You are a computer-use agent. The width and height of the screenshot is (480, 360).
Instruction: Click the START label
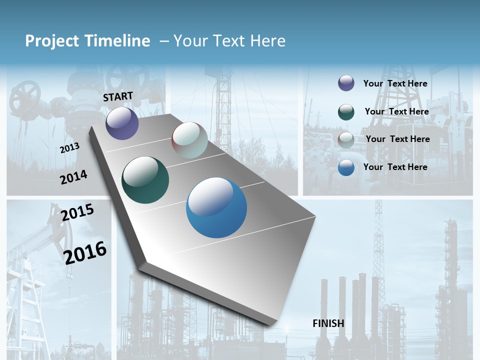118,96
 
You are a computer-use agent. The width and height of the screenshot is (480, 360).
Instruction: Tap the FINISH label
328,323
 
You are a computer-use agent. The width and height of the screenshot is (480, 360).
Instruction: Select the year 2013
69,148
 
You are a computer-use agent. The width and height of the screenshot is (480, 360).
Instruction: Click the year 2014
73,177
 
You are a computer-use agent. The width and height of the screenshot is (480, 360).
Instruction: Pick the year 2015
77,212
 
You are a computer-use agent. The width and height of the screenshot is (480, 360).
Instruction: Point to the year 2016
85,252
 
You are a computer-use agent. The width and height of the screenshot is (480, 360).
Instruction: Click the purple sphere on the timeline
122,123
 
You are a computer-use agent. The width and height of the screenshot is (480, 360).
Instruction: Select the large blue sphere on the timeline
216,207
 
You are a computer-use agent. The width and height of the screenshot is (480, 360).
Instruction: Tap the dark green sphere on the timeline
145,180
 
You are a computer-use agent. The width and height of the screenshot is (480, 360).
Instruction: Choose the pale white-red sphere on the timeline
189,140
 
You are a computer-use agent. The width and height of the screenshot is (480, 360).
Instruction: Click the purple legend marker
346,83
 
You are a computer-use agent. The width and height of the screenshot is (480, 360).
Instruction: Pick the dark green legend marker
346,112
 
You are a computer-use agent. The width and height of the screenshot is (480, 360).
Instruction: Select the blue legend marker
346,167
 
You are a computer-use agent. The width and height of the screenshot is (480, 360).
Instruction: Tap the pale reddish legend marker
346,140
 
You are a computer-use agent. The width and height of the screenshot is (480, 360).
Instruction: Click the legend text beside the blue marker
395,167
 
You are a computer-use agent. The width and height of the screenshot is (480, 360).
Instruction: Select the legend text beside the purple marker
395,83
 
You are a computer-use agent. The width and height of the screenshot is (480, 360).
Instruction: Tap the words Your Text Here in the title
229,41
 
